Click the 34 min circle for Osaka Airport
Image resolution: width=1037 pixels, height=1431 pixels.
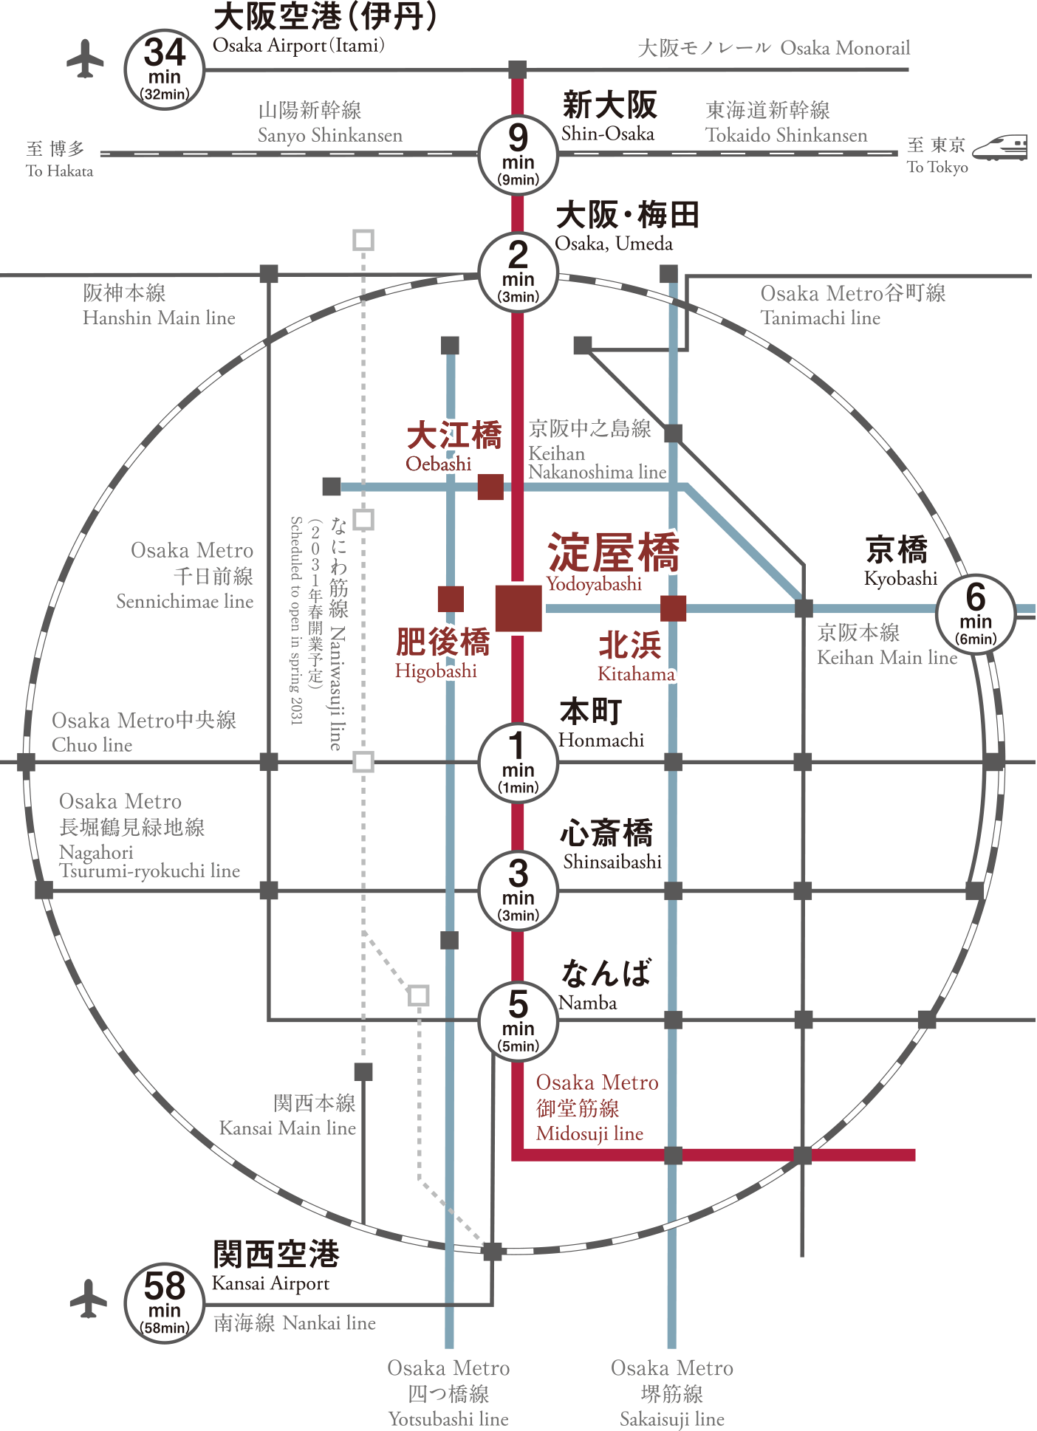(x=164, y=70)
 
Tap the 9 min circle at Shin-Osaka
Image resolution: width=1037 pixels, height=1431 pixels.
(x=518, y=155)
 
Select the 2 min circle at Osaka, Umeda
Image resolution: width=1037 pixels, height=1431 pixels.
(x=518, y=272)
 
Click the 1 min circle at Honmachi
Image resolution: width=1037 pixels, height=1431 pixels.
(x=518, y=763)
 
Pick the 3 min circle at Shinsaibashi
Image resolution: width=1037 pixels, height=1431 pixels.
(x=518, y=891)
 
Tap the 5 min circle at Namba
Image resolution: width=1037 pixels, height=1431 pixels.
(x=518, y=1022)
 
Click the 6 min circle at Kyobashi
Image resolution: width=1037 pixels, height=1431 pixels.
(x=976, y=614)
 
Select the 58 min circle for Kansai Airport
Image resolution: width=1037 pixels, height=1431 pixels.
(x=164, y=1304)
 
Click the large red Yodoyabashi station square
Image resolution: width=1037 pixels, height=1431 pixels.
(x=518, y=608)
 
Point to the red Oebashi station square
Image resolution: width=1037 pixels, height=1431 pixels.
(x=490, y=487)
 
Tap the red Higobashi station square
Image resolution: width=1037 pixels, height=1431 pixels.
(x=451, y=599)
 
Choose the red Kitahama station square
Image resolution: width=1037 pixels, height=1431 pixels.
(x=673, y=608)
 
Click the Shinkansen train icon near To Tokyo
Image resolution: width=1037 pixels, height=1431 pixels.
(x=999, y=148)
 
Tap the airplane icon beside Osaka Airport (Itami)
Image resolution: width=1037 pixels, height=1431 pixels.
(x=86, y=58)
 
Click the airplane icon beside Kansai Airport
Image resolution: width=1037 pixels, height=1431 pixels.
(x=89, y=1298)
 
